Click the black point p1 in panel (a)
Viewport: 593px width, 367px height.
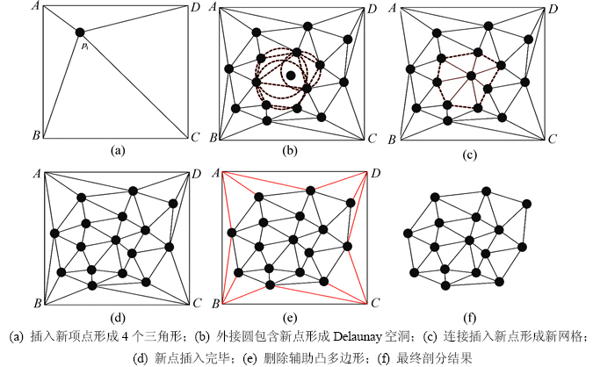pyautogui.click(x=80, y=32)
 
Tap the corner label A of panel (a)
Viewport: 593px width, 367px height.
pyautogui.click(x=33, y=7)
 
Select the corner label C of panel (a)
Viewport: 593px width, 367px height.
pyautogui.click(x=195, y=139)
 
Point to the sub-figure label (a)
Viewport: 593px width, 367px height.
pyautogui.click(x=115, y=150)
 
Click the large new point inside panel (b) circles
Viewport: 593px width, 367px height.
pyautogui.click(x=291, y=76)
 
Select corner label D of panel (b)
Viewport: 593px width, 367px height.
pyautogui.click(x=373, y=8)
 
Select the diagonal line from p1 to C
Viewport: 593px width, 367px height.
pyautogui.click(x=141, y=87)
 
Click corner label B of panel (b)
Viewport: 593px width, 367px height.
pyautogui.click(x=213, y=139)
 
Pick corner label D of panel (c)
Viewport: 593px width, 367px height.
pyautogui.click(x=553, y=8)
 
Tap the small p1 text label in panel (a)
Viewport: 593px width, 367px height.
pyautogui.click(x=85, y=46)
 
